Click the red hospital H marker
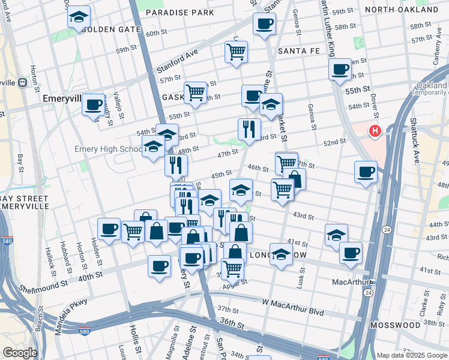(x=376, y=130)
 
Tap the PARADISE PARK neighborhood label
(x=179, y=12)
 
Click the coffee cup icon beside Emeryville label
(x=93, y=105)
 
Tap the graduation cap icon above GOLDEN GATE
(x=78, y=17)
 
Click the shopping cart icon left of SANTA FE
(x=236, y=52)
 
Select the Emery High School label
(x=109, y=149)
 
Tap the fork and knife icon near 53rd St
(x=249, y=129)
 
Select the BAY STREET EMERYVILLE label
(x=24, y=202)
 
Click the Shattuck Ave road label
(x=415, y=148)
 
